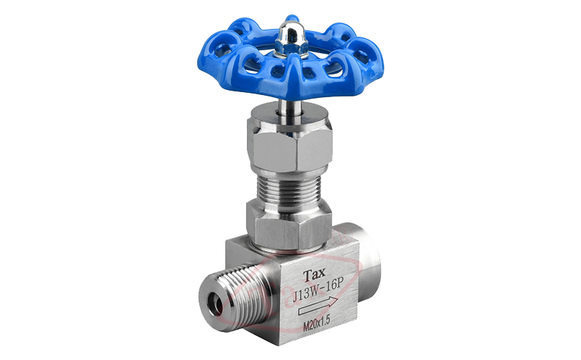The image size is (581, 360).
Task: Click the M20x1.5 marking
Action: pos(317,325)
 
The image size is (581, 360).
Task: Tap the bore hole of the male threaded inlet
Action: pos(216,305)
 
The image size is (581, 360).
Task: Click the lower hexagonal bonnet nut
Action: pos(288,222)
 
